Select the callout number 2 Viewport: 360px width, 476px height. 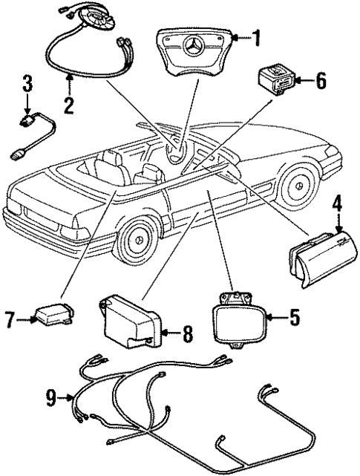pyautogui.click(x=68, y=105)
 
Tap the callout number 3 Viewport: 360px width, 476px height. pyautogui.click(x=27, y=83)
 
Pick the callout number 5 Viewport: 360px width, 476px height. pyautogui.click(x=294, y=319)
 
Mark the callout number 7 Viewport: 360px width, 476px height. pyautogui.click(x=10, y=321)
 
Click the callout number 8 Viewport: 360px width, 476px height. pyautogui.click(x=187, y=336)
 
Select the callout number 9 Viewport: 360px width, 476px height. pyautogui.click(x=50, y=400)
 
